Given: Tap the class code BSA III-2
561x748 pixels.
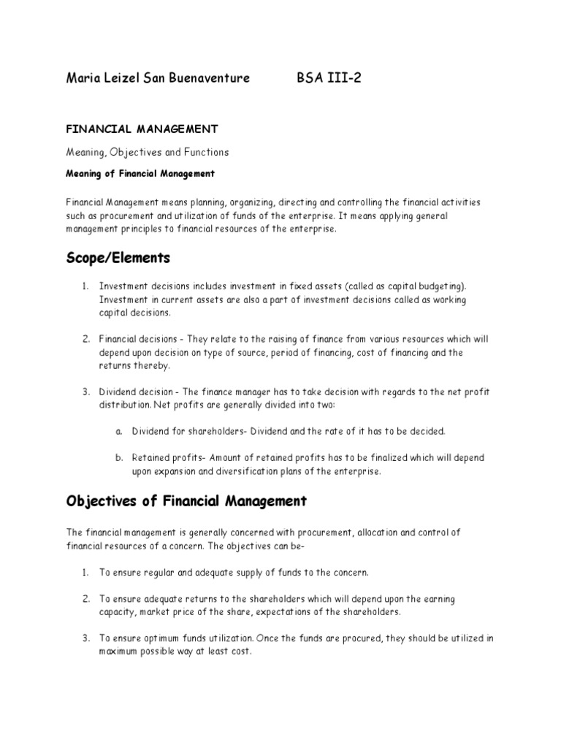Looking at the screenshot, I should coord(329,78).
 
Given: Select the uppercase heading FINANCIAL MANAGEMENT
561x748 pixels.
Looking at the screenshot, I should coord(142,129).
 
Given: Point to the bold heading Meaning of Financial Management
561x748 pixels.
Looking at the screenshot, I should coord(140,174).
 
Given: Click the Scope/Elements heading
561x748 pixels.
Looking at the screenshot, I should coord(118,257).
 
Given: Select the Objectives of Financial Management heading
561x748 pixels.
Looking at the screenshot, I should coord(186,501).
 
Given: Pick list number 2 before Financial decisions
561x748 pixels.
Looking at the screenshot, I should coord(85,340).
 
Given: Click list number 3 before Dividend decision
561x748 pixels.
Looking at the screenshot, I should coord(85,392).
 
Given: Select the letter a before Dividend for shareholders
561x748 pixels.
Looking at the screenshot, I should coord(118,431).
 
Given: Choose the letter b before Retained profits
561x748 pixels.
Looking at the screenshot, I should coord(118,458).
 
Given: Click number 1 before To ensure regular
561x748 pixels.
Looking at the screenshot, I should coord(85,571).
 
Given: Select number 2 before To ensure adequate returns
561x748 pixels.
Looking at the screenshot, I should coord(85,599).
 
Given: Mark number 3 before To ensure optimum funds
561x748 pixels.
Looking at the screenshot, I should coord(85,638).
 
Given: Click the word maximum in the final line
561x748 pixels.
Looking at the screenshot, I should coord(120,651).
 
